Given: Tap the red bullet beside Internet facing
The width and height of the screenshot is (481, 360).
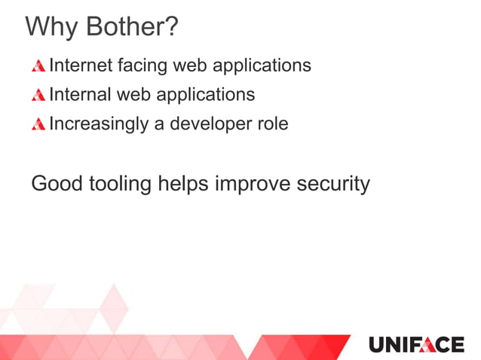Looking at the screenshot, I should click(38, 66).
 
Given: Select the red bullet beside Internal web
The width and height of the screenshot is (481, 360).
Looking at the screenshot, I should click(38, 96).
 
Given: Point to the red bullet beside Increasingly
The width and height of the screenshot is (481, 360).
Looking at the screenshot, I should click(38, 124).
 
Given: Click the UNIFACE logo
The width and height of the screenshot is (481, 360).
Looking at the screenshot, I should click(416, 345).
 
